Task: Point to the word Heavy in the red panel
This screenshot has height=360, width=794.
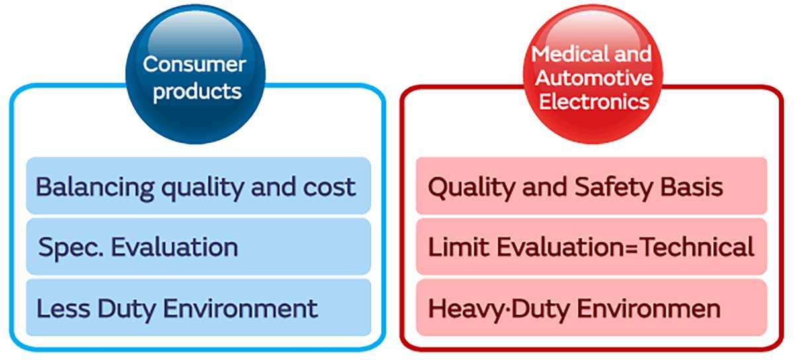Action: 462,308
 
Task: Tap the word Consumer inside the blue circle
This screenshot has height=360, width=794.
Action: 195,64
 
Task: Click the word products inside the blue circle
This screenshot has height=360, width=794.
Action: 197,91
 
